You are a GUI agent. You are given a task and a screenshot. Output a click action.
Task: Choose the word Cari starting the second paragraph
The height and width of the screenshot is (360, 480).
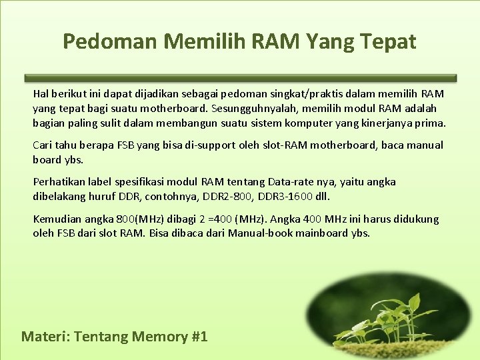pyautogui.click(x=41, y=145)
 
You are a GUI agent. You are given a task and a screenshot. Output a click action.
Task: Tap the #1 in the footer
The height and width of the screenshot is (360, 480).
pyautogui.click(x=198, y=336)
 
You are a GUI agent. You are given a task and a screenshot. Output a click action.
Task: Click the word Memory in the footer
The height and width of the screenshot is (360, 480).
pyautogui.click(x=160, y=336)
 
